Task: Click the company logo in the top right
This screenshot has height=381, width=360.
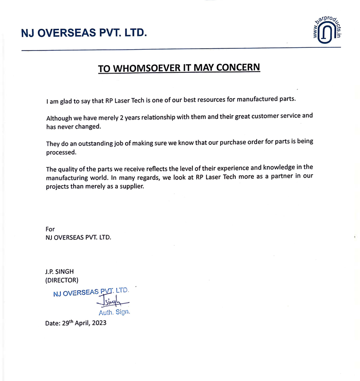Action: pyautogui.click(x=326, y=32)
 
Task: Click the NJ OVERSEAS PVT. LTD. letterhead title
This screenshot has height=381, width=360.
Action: pyautogui.click(x=84, y=33)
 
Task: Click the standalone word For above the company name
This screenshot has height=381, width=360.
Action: pyautogui.click(x=50, y=229)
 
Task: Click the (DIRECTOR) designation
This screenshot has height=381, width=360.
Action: pyautogui.click(x=62, y=280)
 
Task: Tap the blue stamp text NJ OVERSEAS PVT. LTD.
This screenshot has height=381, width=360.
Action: pyautogui.click(x=90, y=292)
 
